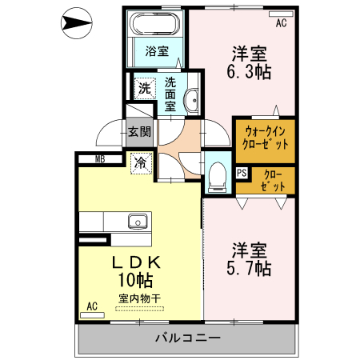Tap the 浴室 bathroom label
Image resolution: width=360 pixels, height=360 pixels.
coord(157,52)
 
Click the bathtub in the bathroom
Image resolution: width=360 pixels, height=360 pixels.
coord(156,23)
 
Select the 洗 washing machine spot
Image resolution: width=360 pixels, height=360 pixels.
coord(145,86)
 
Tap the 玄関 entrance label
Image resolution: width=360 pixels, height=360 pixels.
coord(138,131)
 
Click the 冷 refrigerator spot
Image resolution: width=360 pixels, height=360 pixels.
coord(141,163)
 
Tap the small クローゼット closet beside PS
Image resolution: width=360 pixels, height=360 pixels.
coord(273,180)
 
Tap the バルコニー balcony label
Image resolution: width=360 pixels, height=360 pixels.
coord(188,338)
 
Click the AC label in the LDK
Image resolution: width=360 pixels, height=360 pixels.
coord(92,306)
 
